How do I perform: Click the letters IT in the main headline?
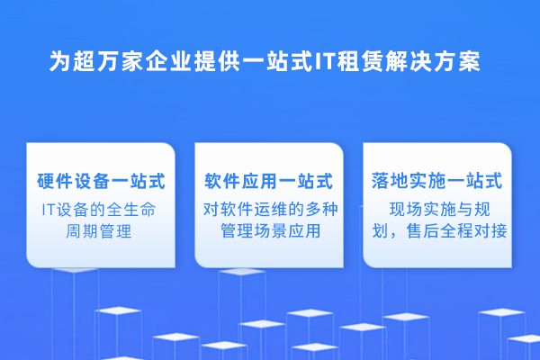click(324, 62)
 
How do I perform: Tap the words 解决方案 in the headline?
click(433, 62)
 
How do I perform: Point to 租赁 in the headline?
click(360, 62)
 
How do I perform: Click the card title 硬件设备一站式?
click(101, 181)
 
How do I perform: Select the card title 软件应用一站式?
click(268, 181)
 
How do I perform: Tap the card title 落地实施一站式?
click(436, 181)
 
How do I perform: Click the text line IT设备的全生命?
click(99, 210)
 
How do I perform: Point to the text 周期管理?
click(99, 230)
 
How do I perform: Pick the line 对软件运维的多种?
click(271, 210)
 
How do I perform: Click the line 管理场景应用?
click(271, 230)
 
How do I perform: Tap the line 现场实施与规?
click(440, 210)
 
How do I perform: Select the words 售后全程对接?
click(456, 230)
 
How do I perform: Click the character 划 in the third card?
click(380, 230)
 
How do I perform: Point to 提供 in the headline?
click(217, 62)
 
